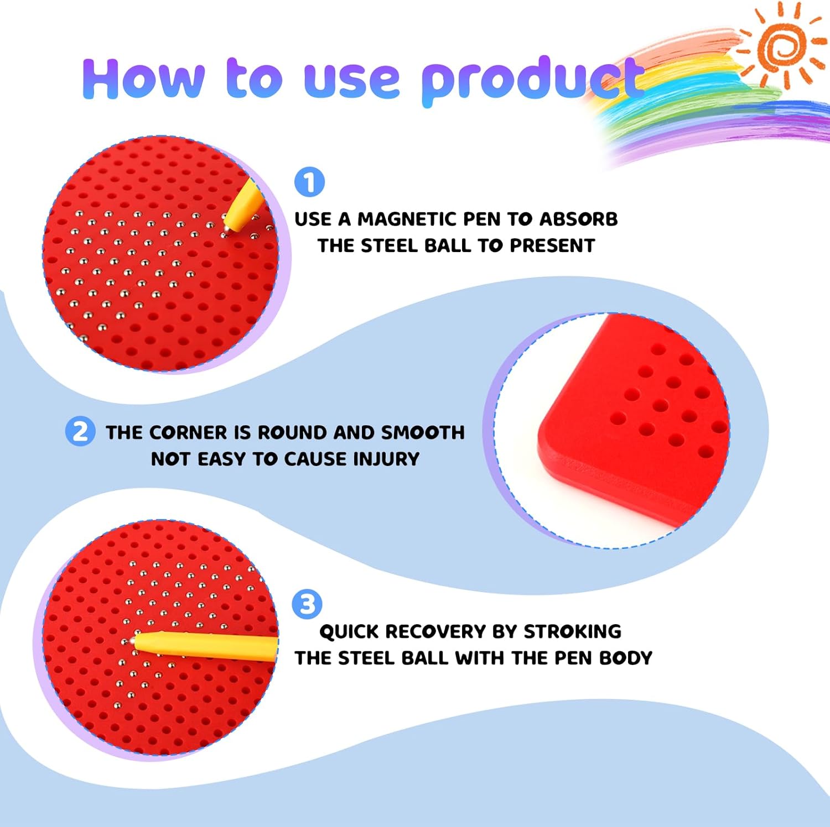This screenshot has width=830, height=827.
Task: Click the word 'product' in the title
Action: pyautogui.click(x=532, y=81)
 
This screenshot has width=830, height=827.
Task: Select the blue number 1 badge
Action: pyautogui.click(x=309, y=182)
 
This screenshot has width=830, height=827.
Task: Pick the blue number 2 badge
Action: pyautogui.click(x=80, y=431)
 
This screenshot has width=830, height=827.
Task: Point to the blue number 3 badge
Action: pyautogui.click(x=307, y=604)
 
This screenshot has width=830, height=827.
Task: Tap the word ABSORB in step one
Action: pyautogui.click(x=578, y=219)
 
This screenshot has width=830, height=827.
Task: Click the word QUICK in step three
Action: pyautogui.click(x=349, y=631)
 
